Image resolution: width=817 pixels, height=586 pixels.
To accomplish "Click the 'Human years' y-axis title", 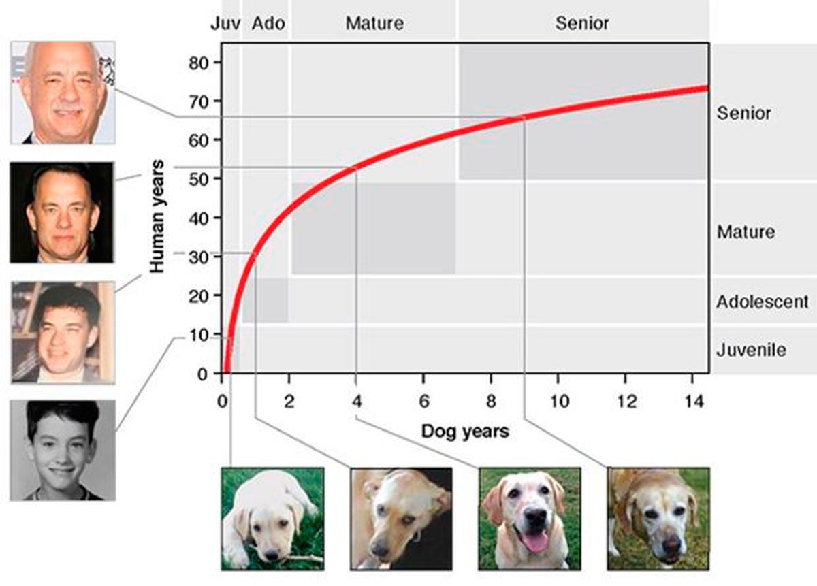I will (x=157, y=216).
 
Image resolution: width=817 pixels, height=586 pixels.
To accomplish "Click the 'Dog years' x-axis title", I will (x=464, y=431).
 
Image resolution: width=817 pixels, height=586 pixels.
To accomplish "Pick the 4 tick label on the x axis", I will (x=356, y=402).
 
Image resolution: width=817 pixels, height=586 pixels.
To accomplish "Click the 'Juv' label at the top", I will (x=225, y=23).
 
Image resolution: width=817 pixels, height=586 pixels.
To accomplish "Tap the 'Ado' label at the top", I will (x=268, y=23).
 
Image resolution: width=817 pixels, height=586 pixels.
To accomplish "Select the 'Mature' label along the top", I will (x=374, y=23).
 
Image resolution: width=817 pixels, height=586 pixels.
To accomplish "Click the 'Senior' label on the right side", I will (x=743, y=113).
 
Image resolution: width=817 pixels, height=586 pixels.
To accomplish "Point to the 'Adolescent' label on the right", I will (x=762, y=301).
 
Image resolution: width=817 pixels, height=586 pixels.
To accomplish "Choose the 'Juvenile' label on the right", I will (x=751, y=351).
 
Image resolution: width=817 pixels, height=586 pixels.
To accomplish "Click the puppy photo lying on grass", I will (x=272, y=518).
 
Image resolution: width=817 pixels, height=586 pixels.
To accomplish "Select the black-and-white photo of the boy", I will (x=63, y=450).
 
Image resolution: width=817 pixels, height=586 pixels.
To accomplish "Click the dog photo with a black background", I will (x=400, y=518).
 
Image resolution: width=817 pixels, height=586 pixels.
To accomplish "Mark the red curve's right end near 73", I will (x=705, y=88).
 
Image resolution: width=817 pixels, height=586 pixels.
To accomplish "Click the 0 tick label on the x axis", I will (x=222, y=402).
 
